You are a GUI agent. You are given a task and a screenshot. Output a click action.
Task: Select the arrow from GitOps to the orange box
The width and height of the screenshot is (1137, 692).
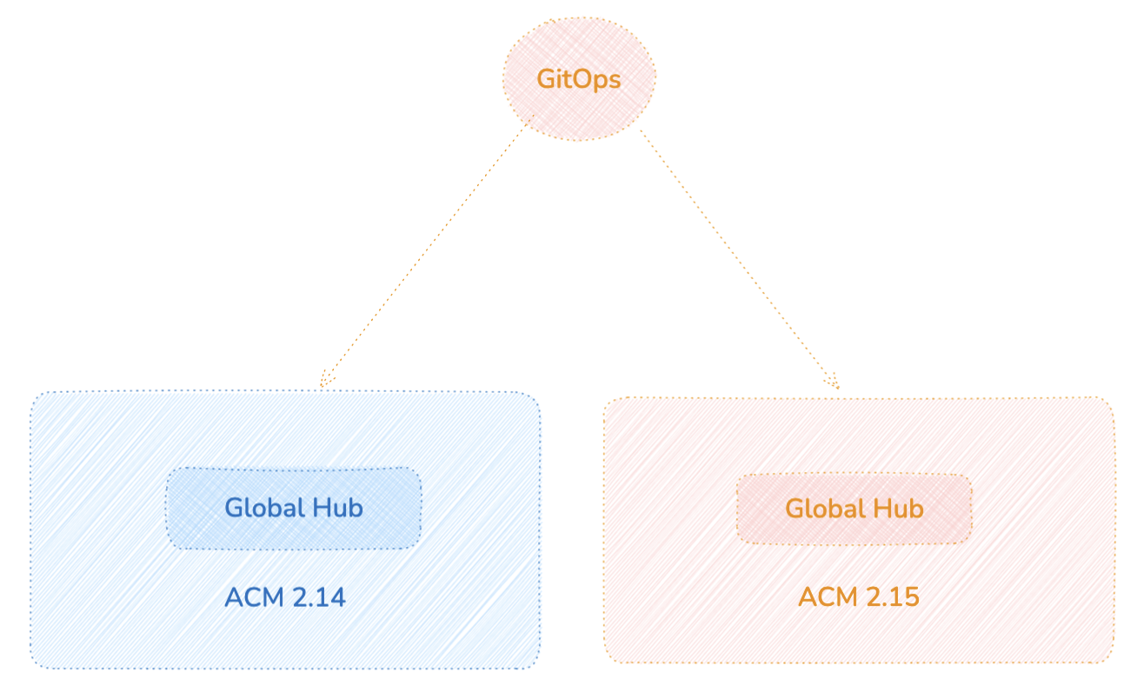click(x=739, y=257)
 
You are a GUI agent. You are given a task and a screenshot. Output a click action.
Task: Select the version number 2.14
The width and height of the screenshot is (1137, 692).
click(x=316, y=598)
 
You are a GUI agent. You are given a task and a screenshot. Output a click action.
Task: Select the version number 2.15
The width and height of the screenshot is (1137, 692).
click(x=890, y=598)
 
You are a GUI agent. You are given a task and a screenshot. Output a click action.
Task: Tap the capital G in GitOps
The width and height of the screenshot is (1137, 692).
click(x=547, y=79)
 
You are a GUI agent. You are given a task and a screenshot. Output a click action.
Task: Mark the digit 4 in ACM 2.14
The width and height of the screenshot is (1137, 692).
click(x=337, y=598)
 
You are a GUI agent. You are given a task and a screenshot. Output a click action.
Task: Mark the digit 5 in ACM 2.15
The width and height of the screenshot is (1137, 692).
click(x=911, y=598)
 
